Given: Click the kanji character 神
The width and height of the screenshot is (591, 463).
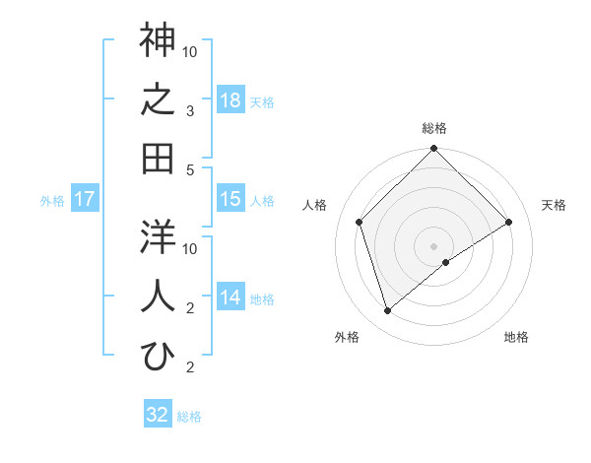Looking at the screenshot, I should click(x=158, y=41).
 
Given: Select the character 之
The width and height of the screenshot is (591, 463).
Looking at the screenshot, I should click(x=158, y=100).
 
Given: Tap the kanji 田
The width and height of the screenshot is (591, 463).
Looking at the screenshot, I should click(x=158, y=158).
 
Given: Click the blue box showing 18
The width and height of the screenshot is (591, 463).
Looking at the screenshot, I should click(x=230, y=99).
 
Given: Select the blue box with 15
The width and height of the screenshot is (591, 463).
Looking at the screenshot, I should click(x=230, y=199).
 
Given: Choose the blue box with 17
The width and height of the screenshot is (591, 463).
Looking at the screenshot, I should click(x=85, y=199).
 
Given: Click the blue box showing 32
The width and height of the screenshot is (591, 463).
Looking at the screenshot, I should click(x=158, y=414).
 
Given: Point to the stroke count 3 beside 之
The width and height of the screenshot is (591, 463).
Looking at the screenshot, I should click(x=191, y=110).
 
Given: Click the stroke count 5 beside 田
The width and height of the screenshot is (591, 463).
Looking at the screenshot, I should click(x=191, y=169).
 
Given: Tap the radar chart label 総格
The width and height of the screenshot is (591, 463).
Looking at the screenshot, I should click(x=434, y=128).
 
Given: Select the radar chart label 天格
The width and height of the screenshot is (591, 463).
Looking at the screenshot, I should click(x=555, y=205).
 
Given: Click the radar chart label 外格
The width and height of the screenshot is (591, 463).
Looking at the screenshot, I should click(x=346, y=337).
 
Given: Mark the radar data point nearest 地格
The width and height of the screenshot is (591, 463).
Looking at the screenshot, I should click(x=446, y=262).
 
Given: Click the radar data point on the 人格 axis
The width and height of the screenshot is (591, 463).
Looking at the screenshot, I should click(x=360, y=222).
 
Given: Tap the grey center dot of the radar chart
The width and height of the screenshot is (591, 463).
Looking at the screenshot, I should click(x=433, y=244).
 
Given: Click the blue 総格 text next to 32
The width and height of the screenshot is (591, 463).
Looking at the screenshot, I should click(x=189, y=416).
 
